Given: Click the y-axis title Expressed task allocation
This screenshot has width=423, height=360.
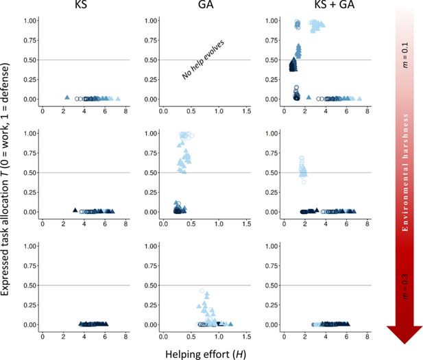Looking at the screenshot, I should coord(8,178).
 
